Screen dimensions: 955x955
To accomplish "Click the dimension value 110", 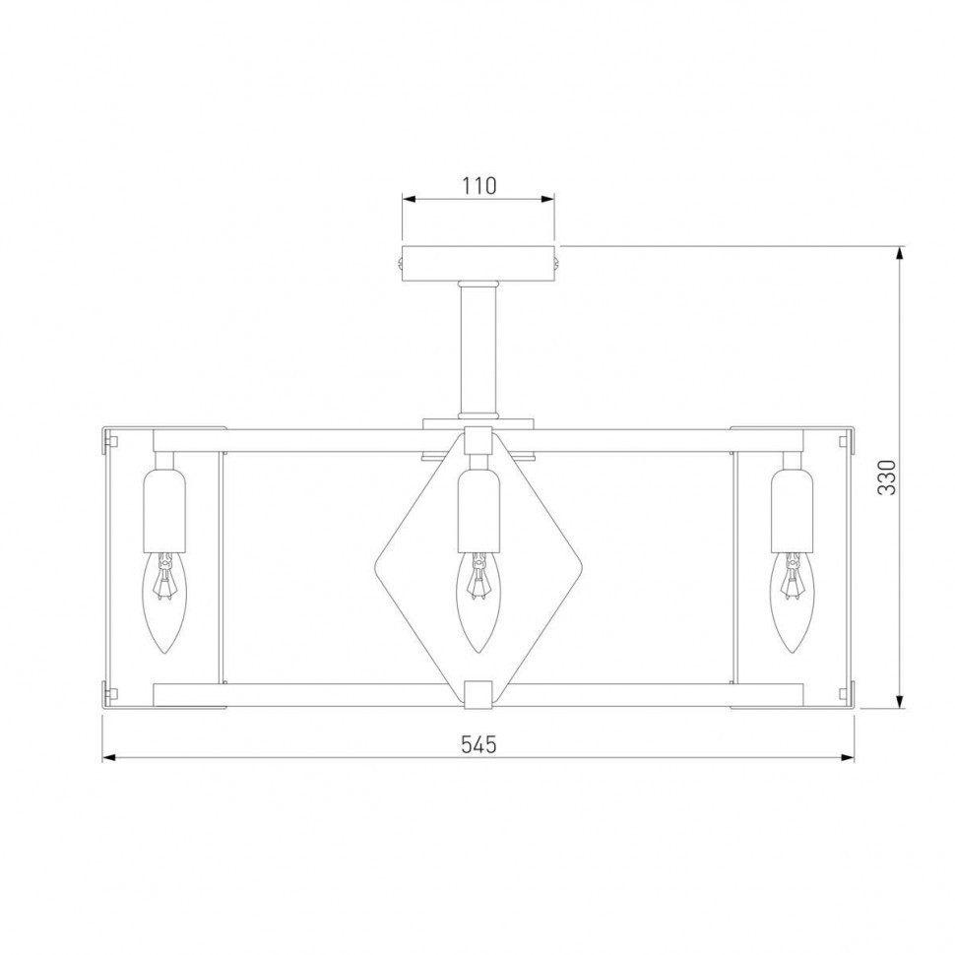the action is [x=478, y=185].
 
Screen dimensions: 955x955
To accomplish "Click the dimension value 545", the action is [x=478, y=744].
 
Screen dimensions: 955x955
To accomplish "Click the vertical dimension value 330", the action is [x=887, y=477].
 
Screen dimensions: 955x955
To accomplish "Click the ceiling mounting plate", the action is [x=478, y=264].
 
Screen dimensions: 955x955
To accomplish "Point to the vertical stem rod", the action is [x=478, y=350].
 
